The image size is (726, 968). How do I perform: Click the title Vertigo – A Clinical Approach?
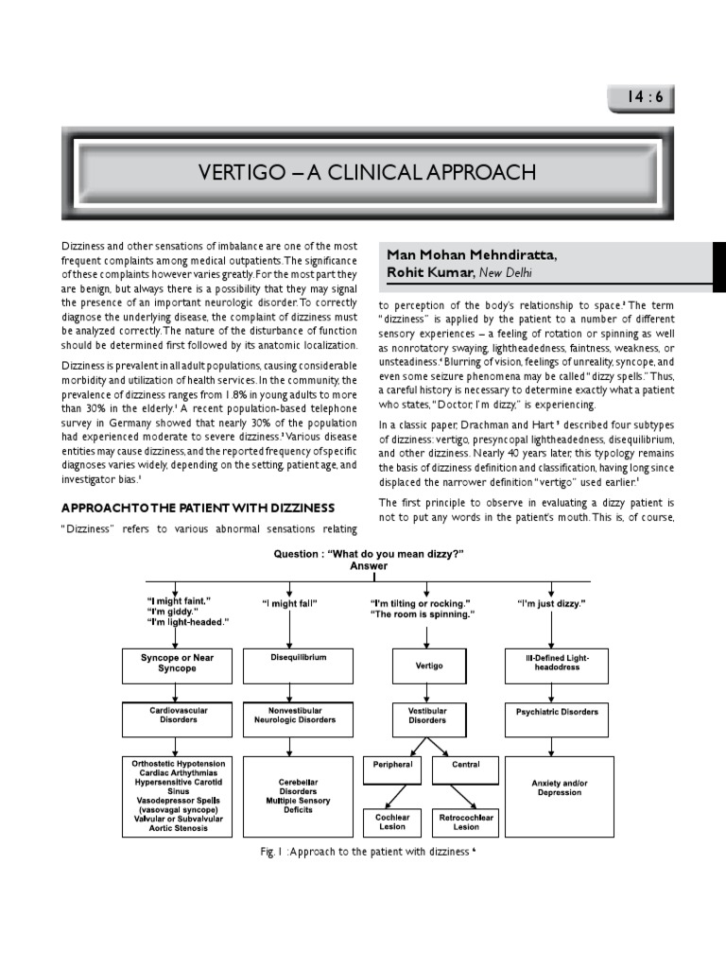click(367, 172)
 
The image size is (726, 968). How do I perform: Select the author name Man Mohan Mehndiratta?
click(472, 255)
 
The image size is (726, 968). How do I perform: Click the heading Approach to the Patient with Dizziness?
click(199, 509)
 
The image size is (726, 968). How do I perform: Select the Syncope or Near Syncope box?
click(176, 664)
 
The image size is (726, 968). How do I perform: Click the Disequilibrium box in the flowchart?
click(289, 664)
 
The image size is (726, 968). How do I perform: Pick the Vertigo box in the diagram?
click(428, 665)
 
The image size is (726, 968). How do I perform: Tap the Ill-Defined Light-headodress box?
click(555, 664)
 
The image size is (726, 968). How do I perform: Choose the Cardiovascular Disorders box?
click(176, 719)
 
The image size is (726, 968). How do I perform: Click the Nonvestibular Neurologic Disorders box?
click(289, 719)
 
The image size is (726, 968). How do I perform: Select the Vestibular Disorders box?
click(428, 719)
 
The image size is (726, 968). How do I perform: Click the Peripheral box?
click(392, 769)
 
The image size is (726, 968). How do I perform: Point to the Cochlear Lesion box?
click(392, 821)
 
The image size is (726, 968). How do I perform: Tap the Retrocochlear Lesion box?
click(465, 821)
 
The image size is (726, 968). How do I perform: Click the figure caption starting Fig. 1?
click(368, 852)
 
